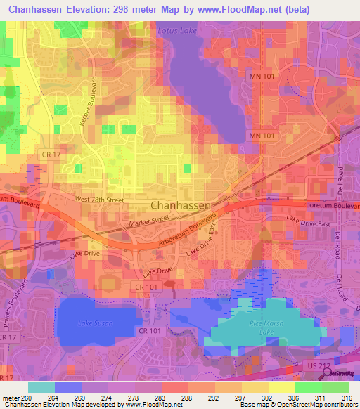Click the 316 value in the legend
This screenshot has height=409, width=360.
coord(346,397)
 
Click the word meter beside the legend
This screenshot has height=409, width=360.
coord(11,397)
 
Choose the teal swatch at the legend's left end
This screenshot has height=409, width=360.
coord(41,387)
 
